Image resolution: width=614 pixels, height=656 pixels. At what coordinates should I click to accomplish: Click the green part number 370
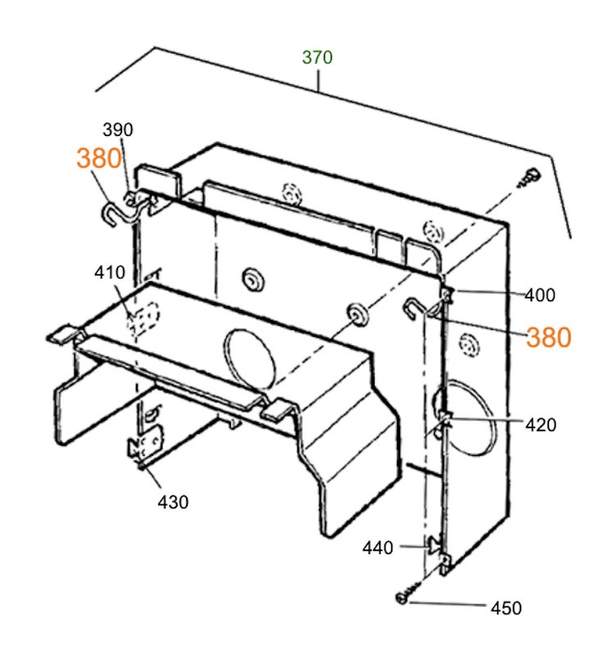tap(317, 57)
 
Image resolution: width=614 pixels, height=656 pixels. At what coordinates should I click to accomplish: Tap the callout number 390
tap(118, 130)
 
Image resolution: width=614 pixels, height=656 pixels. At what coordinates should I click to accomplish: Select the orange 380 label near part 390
tap(99, 158)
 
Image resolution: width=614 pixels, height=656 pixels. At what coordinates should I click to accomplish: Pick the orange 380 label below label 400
tap(548, 337)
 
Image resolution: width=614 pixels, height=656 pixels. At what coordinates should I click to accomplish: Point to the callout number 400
tap(540, 295)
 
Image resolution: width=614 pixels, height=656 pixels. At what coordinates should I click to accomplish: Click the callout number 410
tap(110, 272)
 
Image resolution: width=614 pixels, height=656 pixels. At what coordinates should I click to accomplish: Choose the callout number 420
tap(541, 425)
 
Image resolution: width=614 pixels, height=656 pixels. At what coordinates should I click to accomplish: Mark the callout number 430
tap(173, 502)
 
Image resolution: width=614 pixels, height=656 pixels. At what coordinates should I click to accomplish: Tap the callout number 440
tap(378, 548)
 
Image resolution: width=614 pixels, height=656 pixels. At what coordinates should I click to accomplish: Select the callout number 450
tap(506, 608)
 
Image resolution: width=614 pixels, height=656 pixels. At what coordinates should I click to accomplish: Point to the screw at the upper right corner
tap(530, 177)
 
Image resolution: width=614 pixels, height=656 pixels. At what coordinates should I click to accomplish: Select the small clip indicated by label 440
tap(434, 544)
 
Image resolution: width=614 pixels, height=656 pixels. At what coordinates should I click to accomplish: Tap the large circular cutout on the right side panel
tap(466, 417)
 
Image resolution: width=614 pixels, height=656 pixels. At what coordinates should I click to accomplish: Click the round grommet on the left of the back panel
tap(253, 279)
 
